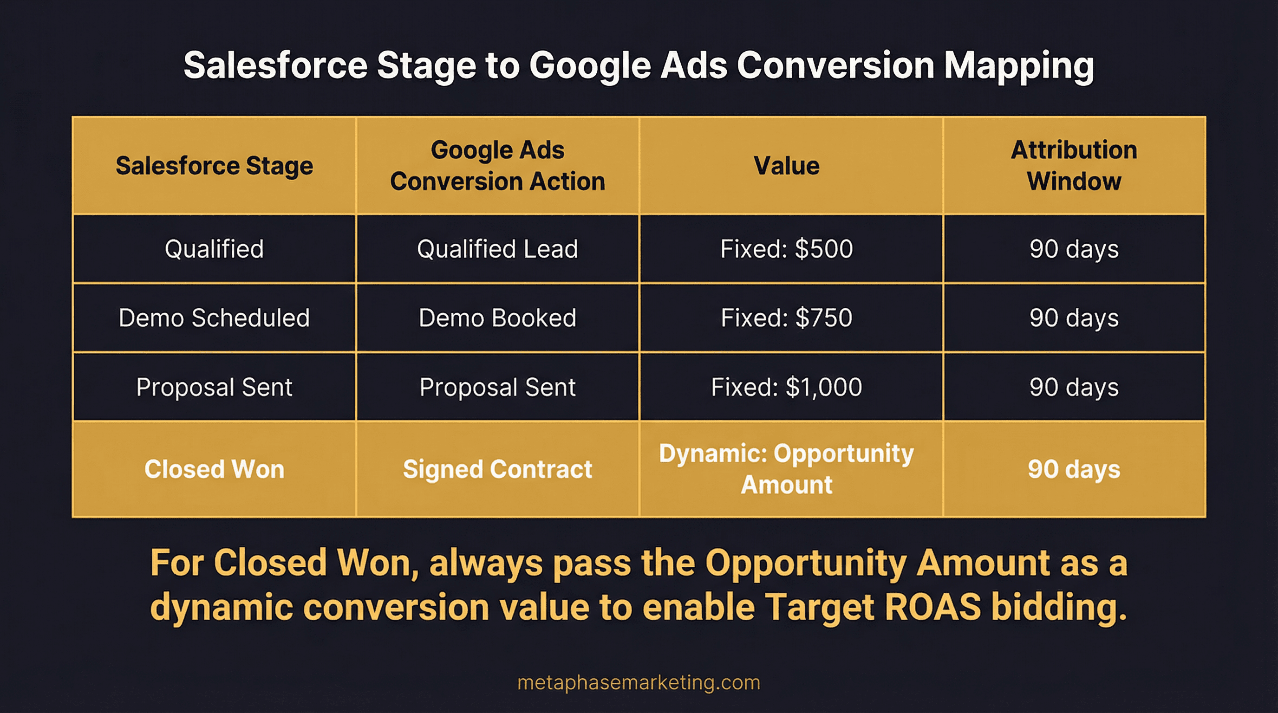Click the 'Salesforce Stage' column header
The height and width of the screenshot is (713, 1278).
215,166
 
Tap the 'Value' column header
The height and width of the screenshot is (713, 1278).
786,166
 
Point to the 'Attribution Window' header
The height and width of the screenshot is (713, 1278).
1074,166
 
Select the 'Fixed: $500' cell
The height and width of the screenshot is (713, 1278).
786,249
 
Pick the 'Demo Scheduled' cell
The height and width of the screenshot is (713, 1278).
215,318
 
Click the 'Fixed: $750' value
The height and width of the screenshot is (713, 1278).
786,318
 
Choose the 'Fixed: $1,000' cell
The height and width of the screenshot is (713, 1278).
786,387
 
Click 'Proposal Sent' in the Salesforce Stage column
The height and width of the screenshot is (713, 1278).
215,387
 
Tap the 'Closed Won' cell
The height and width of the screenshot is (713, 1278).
215,469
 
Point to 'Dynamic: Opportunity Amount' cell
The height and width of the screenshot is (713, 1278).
786,469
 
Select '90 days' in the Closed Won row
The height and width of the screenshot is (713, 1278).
1074,469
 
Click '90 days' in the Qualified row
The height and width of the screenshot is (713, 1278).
1074,249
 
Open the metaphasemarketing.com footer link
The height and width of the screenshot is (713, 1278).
639,683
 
